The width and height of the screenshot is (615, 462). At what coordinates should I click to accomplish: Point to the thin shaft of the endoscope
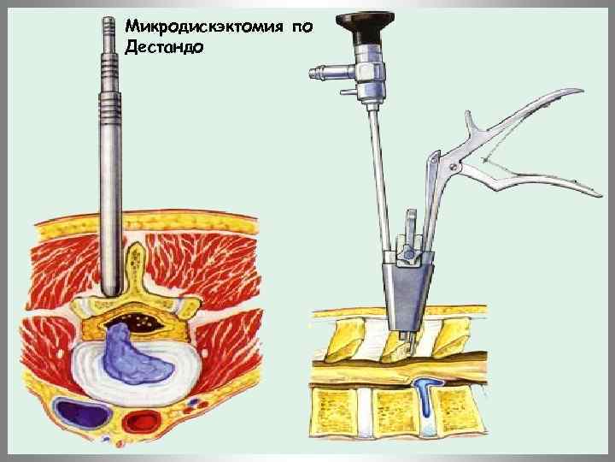(x=377, y=171)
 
